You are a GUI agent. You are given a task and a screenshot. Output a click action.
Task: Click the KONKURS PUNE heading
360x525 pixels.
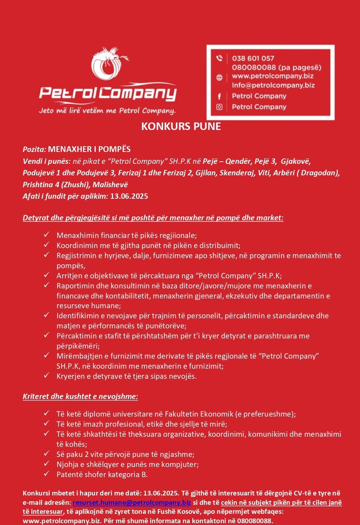(181, 126)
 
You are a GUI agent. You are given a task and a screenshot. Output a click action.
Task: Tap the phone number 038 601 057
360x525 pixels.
(253, 58)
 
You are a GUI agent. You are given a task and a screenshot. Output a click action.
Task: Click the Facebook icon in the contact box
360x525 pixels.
(219, 96)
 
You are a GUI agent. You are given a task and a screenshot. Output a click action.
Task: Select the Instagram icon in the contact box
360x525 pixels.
(219, 107)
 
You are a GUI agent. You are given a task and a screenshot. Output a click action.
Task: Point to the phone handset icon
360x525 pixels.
(219, 58)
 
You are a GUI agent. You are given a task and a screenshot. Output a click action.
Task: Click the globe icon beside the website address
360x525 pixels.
(219, 77)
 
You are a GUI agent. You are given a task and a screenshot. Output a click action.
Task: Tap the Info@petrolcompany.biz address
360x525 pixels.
(273, 85)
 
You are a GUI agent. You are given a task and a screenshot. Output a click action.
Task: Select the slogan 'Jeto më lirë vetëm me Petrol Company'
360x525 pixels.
(107, 111)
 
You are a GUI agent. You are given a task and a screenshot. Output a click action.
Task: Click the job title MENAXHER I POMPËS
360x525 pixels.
(89, 149)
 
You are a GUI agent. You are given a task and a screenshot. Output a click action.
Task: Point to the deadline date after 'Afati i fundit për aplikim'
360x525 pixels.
(129, 196)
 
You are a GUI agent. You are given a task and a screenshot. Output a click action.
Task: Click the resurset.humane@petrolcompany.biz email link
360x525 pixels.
(132, 502)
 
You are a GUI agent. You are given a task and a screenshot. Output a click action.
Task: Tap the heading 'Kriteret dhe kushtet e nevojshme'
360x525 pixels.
(80, 396)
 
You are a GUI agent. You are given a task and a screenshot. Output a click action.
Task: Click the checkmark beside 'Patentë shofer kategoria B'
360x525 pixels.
(46, 474)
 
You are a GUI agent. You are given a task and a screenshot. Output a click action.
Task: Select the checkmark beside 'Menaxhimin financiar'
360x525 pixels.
(46, 235)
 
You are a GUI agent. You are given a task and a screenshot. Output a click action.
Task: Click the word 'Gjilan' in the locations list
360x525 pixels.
(206, 173)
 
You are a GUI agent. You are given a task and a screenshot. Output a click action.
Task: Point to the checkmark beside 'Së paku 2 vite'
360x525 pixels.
(46, 454)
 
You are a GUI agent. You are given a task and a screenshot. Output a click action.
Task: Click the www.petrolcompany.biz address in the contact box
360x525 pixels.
(273, 76)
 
